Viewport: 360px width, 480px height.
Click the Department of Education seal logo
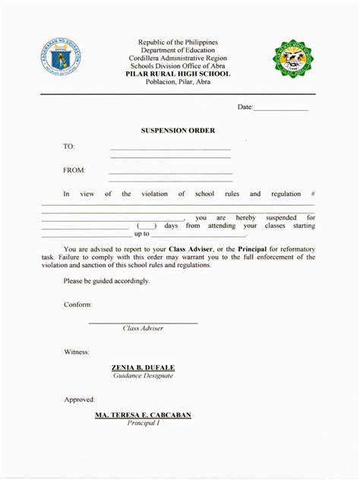coord(61,59)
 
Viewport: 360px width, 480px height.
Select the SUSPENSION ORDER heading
coord(178,131)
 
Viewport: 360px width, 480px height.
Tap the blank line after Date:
coord(280,108)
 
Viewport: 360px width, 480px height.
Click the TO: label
coord(69,147)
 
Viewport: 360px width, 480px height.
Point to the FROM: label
coord(74,170)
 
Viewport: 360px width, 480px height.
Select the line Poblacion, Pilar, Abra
coord(178,82)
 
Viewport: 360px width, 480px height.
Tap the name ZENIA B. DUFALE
coord(144,367)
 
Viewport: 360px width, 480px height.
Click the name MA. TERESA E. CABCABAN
coord(143,415)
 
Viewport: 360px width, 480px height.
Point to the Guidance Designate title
coord(144,376)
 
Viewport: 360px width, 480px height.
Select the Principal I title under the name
coord(143,424)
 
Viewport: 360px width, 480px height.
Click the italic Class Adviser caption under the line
coord(143,328)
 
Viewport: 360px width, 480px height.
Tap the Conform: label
coord(77,305)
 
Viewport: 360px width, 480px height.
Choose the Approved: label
coord(79,399)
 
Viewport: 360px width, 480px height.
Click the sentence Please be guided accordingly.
coord(106,281)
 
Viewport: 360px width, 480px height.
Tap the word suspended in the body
coord(281,217)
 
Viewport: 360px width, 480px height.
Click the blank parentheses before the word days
coord(147,226)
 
